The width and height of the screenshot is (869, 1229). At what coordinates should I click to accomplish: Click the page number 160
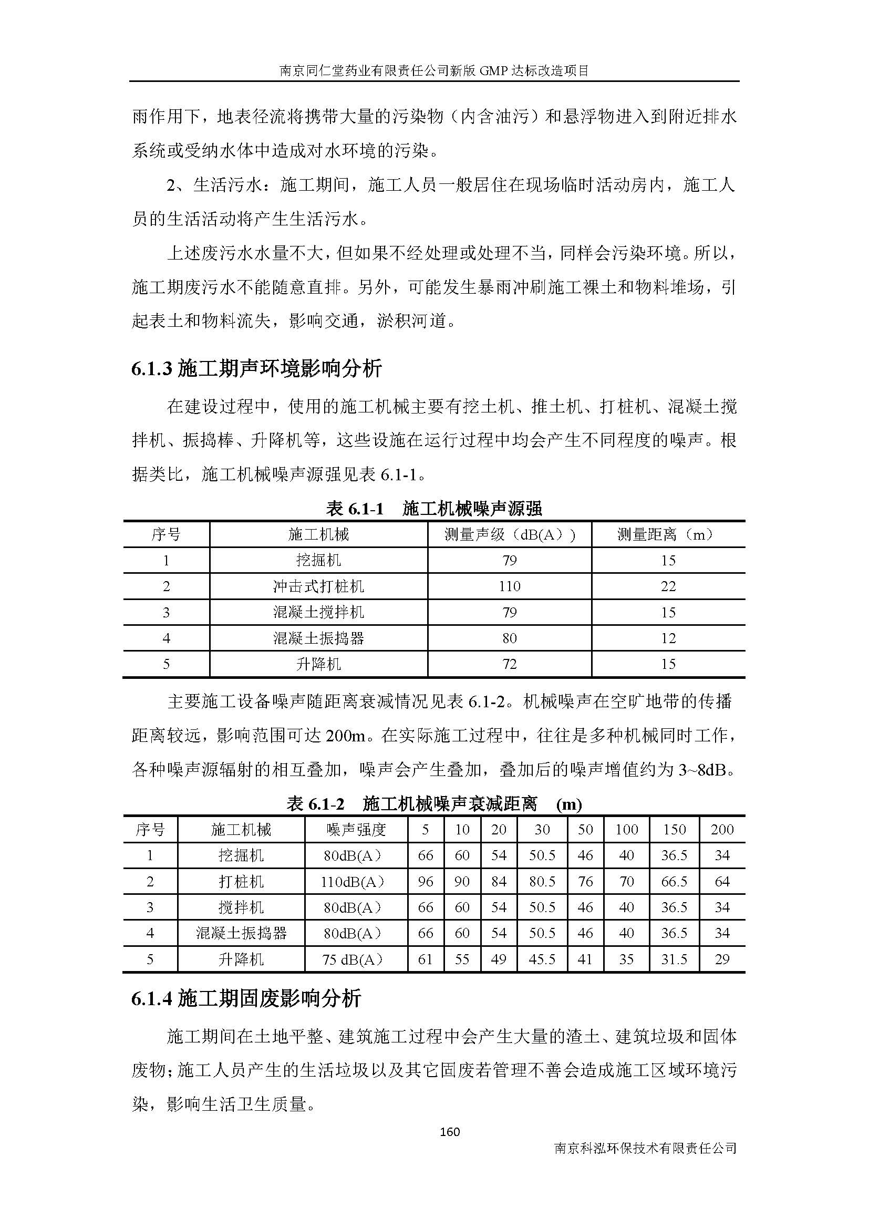[449, 1132]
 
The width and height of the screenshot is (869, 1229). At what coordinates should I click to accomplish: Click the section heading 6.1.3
[256, 369]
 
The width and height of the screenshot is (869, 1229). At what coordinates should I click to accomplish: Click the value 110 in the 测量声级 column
[509, 586]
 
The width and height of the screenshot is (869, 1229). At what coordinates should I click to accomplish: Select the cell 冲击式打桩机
[318, 586]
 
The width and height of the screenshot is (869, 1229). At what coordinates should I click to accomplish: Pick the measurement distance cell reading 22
[668, 586]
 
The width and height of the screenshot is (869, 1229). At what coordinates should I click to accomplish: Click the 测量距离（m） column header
[668, 534]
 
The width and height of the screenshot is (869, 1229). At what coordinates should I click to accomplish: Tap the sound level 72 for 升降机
[509, 664]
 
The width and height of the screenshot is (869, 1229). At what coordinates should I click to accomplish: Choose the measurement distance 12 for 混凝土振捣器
[668, 638]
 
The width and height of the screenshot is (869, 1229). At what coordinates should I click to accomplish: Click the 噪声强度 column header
[356, 830]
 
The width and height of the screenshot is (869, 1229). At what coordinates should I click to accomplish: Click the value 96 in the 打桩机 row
[426, 882]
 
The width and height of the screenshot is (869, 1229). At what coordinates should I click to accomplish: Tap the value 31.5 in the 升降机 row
[674, 959]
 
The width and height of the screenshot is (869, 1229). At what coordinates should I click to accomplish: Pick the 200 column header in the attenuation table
[722, 830]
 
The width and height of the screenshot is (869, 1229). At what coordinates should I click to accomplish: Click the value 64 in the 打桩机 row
[722, 882]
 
